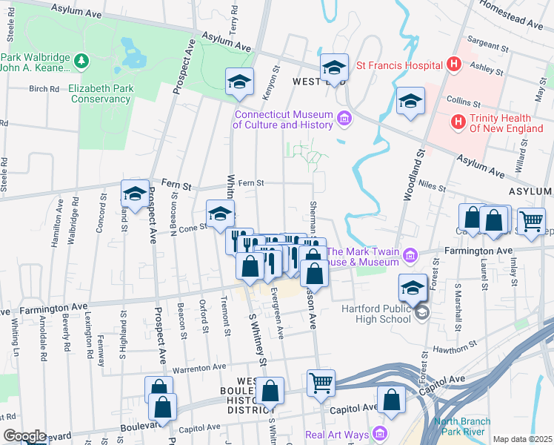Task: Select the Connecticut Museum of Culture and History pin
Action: pyautogui.click(x=344, y=118)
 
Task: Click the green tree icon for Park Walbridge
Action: pyautogui.click(x=81, y=59)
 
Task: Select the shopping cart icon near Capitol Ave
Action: pyautogui.click(x=321, y=383)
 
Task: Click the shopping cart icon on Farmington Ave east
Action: pyautogui.click(x=530, y=220)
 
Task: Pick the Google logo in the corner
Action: pyautogui.click(x=24, y=436)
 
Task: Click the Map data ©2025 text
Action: pyautogui.click(x=522, y=439)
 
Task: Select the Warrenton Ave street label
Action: pyautogui.click(x=198, y=367)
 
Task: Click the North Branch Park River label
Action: pyautogui.click(x=461, y=426)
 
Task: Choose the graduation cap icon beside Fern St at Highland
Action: pyautogui.click(x=135, y=194)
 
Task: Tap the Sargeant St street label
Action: pyautogui.click(x=486, y=46)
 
